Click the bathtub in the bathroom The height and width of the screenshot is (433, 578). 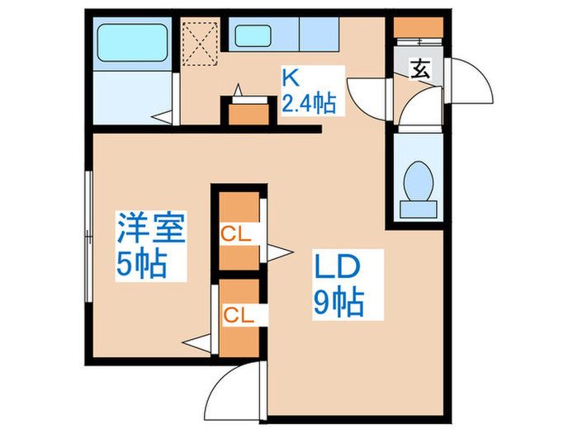(132, 41)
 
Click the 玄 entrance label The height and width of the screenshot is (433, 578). (420, 70)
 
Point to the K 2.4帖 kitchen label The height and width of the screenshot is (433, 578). (308, 92)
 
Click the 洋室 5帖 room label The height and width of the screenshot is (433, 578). (150, 245)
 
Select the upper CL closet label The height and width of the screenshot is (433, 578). (236, 233)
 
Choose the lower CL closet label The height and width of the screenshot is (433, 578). (236, 313)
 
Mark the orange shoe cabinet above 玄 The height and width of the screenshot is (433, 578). (418, 26)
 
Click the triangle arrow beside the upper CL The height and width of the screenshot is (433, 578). (280, 252)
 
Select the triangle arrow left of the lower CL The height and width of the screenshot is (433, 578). (197, 340)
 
